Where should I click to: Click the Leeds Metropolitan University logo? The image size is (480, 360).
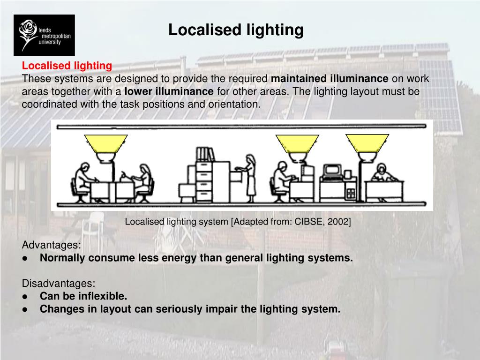(x=44, y=35)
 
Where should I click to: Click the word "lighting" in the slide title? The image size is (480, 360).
(x=275, y=30)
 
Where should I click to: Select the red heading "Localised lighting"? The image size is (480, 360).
(x=67, y=66)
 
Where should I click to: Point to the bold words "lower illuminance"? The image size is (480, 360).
(x=169, y=91)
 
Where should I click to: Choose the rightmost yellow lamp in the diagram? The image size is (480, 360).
(x=367, y=143)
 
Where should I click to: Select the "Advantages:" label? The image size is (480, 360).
(x=52, y=245)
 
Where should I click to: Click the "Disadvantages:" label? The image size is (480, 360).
(x=59, y=284)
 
